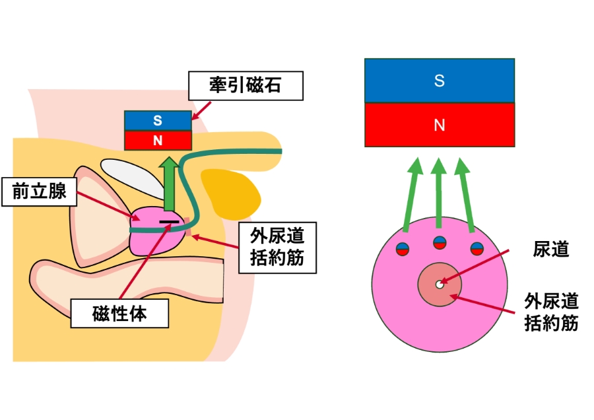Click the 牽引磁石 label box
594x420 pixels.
point(246,85)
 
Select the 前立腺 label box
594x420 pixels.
point(38,191)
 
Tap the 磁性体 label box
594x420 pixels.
point(119,314)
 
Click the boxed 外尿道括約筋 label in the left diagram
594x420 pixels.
point(277,247)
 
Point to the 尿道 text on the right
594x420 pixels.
point(550,250)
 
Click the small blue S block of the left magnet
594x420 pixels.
point(158,121)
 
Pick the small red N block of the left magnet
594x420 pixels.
point(158,140)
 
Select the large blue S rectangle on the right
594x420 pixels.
point(440,81)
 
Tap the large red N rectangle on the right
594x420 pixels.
point(440,125)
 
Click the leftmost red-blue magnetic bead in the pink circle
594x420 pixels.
point(403,249)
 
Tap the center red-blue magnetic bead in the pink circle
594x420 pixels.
point(440,242)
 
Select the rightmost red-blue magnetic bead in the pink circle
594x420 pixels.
point(477,249)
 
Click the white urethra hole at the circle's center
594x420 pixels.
point(440,285)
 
